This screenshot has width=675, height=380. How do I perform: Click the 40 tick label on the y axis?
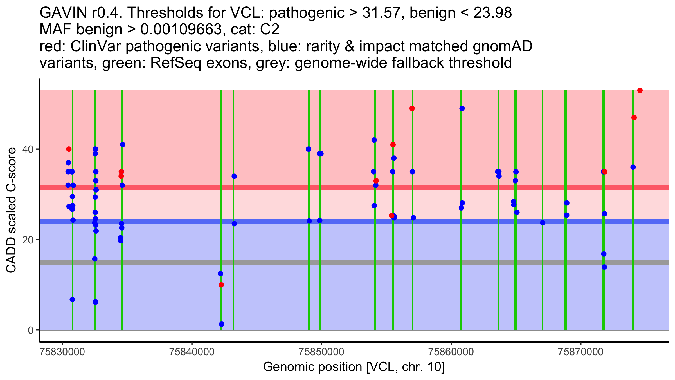point(28,149)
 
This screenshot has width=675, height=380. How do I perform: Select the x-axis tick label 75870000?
point(581,352)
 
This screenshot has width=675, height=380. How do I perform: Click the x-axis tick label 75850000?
point(321,352)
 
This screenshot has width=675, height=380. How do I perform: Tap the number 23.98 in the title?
point(492,13)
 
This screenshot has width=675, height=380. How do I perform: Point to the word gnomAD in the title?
point(502,46)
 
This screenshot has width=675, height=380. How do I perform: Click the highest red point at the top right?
point(640,90)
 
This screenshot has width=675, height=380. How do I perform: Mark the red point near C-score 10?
point(221,285)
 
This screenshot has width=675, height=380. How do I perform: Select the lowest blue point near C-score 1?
point(222,324)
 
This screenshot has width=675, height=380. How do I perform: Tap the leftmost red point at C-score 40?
point(69,149)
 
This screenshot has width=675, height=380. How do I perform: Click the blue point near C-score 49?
point(462,108)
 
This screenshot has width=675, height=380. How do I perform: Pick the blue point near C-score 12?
point(220,274)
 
